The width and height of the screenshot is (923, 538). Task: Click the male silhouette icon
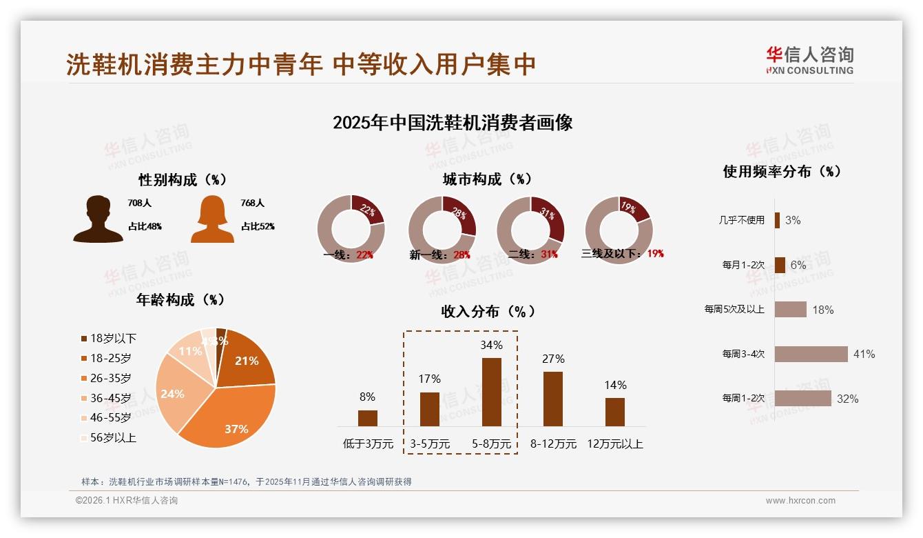98,219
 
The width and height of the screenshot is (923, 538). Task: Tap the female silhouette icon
212,219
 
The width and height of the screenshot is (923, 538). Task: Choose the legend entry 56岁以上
112,437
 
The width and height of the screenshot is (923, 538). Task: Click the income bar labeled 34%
491,392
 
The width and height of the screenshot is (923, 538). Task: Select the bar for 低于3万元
367,418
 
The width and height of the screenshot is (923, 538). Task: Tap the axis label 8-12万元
553,444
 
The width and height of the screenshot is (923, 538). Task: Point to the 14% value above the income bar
615,385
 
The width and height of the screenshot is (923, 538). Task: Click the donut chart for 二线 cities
530,230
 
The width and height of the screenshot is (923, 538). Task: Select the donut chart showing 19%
618,230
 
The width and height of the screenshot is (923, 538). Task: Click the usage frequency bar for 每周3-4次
811,354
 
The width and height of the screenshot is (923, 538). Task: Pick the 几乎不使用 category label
743,220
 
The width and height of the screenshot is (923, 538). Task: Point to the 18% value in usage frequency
822,310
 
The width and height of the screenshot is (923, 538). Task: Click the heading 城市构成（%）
487,179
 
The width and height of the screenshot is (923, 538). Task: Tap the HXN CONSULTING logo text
809,70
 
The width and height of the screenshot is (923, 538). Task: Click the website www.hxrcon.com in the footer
800,501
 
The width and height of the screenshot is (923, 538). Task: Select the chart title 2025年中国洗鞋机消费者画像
453,123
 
